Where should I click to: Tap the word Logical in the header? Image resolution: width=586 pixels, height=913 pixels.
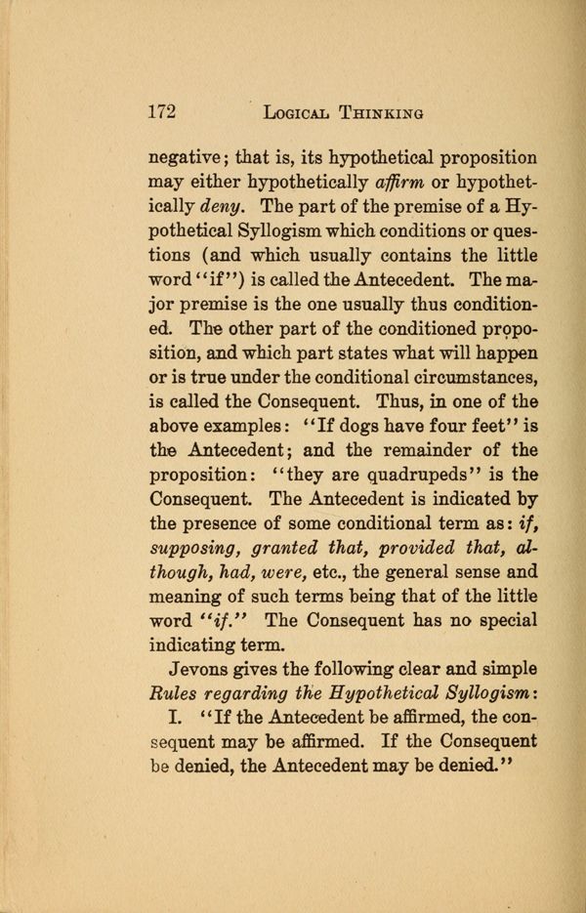(x=297, y=113)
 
